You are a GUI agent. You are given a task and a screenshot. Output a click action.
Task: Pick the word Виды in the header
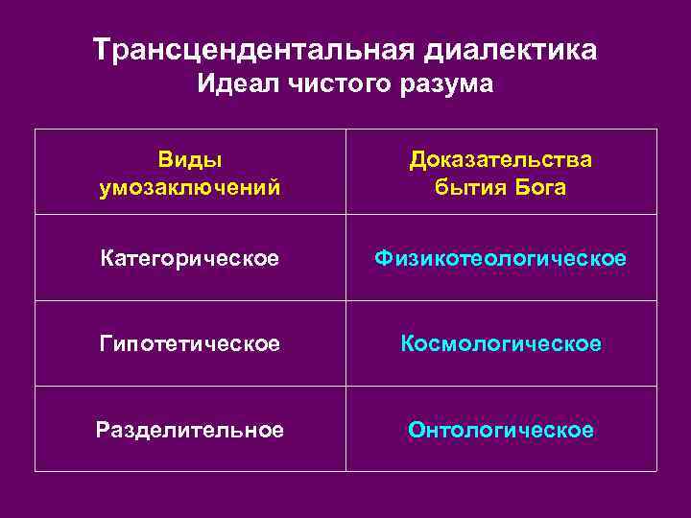(190, 158)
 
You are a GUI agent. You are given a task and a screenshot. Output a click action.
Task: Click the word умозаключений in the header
(190, 186)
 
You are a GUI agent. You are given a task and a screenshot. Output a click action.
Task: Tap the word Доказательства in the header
(501, 158)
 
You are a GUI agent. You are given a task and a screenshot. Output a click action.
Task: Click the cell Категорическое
(190, 259)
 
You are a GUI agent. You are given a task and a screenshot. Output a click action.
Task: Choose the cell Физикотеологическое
(501, 259)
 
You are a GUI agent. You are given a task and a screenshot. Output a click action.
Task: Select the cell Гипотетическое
(190, 342)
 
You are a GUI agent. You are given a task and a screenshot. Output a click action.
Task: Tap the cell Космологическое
(501, 342)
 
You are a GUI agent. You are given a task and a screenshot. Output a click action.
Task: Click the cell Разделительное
(190, 430)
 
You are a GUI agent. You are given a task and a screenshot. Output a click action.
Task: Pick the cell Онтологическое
(501, 430)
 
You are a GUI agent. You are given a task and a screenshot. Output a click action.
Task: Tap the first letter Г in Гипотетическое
(105, 342)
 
